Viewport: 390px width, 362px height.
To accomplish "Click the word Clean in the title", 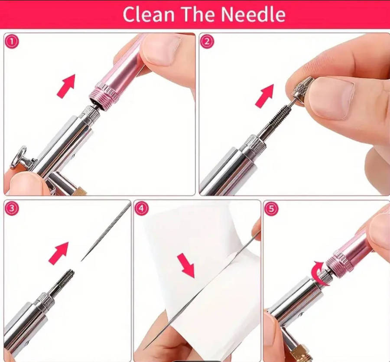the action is [149, 14].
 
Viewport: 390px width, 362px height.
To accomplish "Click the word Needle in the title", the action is [253, 14].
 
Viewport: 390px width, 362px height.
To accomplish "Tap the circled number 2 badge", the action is [207, 42].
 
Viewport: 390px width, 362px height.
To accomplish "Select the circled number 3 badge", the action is [11, 209].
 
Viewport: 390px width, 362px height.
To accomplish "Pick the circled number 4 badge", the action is [142, 209].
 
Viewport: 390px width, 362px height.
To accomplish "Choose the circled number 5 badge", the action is [271, 209].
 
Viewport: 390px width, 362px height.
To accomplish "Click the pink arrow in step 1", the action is [66, 86].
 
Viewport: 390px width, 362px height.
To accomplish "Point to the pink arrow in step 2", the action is [265, 96].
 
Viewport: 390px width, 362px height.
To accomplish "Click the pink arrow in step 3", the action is [58, 253].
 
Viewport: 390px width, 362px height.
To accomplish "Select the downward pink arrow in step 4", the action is [186, 265].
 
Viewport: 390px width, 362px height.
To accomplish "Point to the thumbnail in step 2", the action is [332, 98].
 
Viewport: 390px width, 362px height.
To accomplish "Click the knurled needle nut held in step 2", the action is [302, 90].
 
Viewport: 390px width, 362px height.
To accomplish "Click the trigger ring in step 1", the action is [19, 157].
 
